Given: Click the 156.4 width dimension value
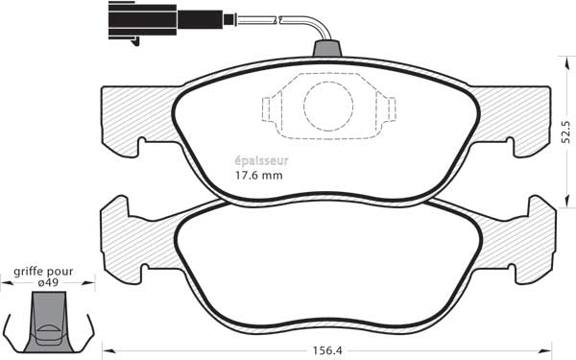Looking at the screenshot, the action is click(x=327, y=350).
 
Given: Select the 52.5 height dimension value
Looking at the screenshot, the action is click(x=566, y=132).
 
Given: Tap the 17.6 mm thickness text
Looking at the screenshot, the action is click(x=259, y=176).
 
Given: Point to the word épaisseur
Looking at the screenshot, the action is click(x=261, y=161).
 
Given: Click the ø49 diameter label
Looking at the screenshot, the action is click(x=49, y=283).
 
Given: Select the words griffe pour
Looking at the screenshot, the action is click(x=43, y=272).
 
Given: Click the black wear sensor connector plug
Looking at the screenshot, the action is click(x=166, y=20).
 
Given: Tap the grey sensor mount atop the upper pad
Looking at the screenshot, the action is click(x=327, y=49).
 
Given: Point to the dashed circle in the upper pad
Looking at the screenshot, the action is click(x=328, y=107).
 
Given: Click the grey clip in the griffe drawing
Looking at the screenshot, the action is click(x=49, y=322).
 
